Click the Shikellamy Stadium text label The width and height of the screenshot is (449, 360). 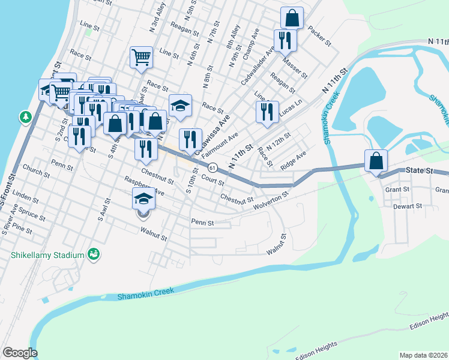pos(46,255)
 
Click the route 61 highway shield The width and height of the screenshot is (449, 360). pos(212,166)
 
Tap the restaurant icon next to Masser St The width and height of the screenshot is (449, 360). pos(284,40)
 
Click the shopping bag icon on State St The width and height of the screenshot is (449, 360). pos(376,161)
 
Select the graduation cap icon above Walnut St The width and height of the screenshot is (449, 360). pos(143,199)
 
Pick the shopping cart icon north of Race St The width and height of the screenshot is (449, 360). pos(141,58)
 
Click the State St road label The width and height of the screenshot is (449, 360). pos(418,170)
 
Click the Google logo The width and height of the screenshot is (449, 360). pos(20,353)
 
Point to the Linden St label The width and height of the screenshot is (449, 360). pos(25,196)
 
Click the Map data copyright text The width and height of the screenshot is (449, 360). pos(423,355)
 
